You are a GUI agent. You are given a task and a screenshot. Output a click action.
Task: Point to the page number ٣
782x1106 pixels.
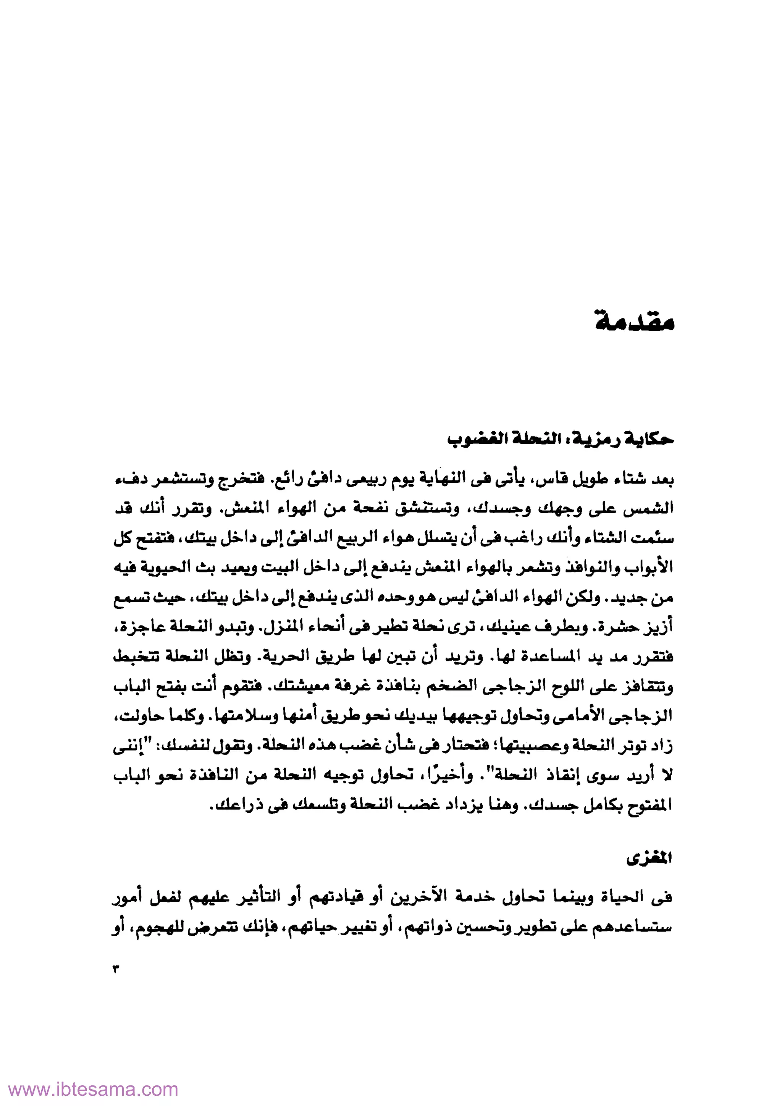(x=116, y=969)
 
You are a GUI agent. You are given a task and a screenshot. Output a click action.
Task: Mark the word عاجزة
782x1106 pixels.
(x=138, y=627)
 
